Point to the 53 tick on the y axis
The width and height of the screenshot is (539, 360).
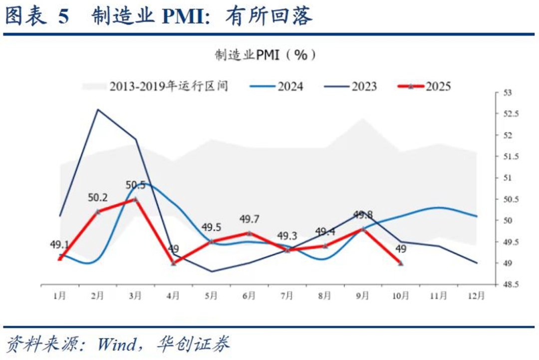[506, 93]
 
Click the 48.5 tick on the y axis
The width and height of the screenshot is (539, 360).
[508, 284]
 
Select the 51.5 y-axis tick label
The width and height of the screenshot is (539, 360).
[508, 157]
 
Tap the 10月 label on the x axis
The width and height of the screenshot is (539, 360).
[400, 296]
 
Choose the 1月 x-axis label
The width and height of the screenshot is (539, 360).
[59, 296]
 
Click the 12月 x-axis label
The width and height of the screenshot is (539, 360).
[477, 296]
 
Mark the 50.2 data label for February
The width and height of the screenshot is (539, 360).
[98, 198]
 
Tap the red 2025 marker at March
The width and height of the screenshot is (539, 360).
[135, 199]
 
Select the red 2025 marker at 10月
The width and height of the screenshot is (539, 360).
[401, 263]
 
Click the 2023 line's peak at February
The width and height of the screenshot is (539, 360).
[97, 109]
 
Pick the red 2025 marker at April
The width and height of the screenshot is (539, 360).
[173, 263]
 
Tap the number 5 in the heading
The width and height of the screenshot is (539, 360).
[63, 17]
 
